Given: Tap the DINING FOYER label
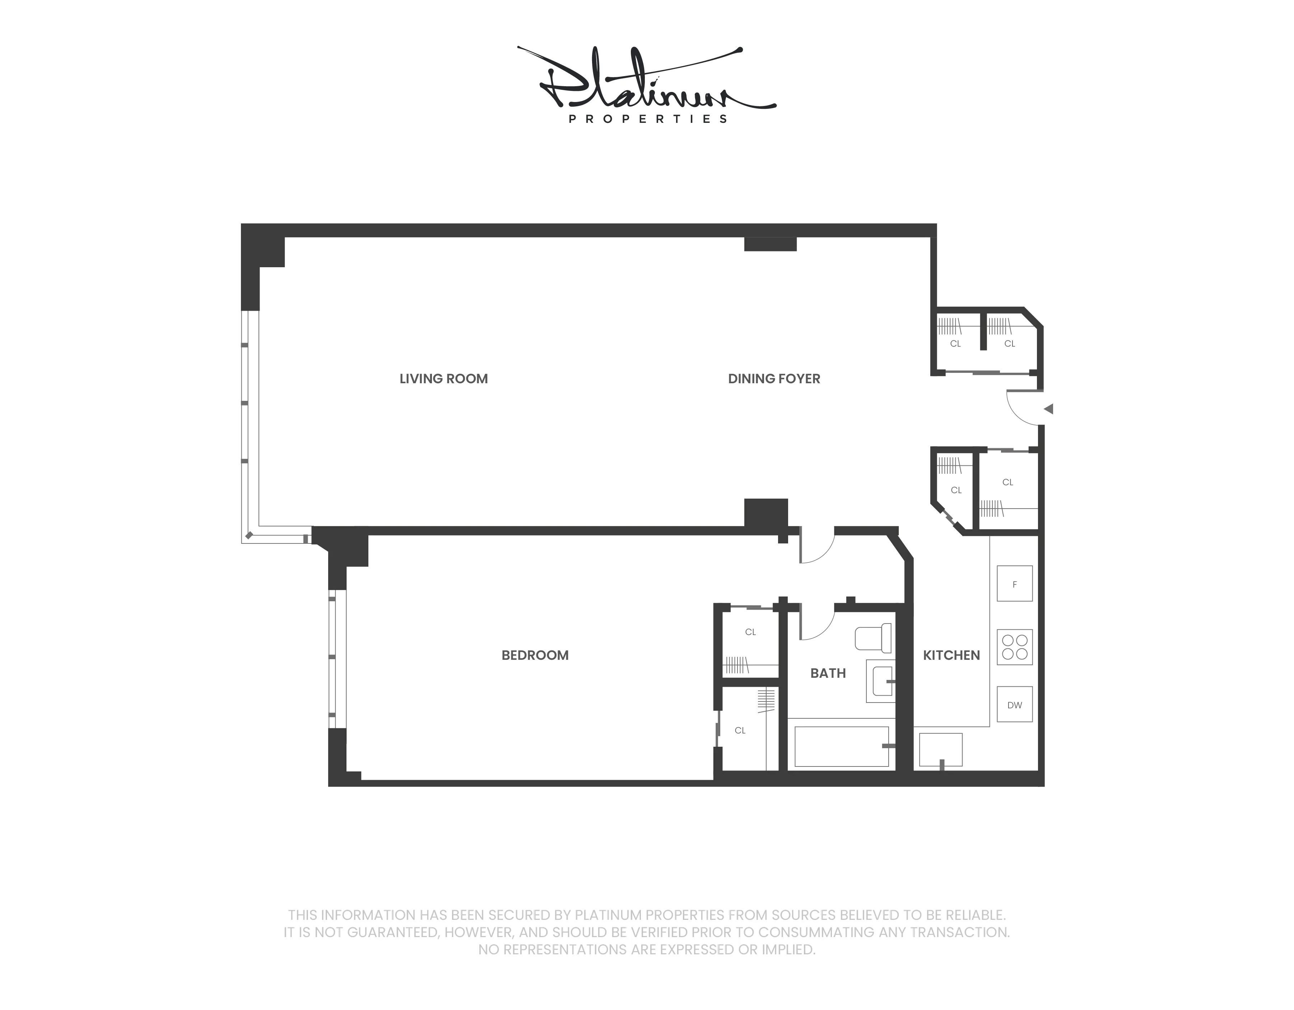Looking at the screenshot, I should tap(774, 379).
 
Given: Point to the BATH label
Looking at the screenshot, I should tap(828, 673).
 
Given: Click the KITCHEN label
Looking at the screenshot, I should tap(951, 655).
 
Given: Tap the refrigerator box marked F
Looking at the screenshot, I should tap(1014, 584).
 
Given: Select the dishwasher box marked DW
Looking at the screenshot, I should tap(1014, 705).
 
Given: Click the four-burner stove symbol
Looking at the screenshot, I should tap(1014, 647).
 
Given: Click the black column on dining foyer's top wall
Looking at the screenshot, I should tap(770, 244).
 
